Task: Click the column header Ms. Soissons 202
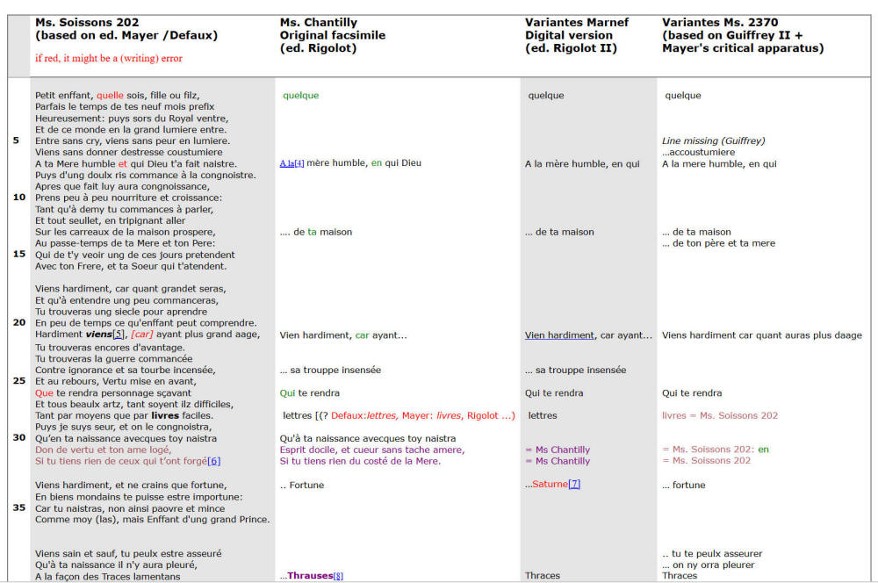click(87, 22)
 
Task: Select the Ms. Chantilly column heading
click(317, 22)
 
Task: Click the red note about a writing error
click(109, 58)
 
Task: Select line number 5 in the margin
click(16, 140)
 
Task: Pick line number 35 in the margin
click(18, 507)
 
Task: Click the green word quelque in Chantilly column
click(301, 96)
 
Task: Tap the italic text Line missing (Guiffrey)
click(713, 140)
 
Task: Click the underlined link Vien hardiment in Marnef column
click(559, 335)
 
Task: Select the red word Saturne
click(550, 485)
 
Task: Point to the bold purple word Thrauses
click(310, 576)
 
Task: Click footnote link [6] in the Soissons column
click(213, 461)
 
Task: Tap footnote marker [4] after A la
click(299, 163)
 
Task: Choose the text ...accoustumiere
click(698, 152)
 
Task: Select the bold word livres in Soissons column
click(165, 415)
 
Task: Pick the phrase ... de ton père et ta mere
click(718, 243)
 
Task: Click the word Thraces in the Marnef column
click(543, 576)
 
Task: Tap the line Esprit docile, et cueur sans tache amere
click(371, 450)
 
